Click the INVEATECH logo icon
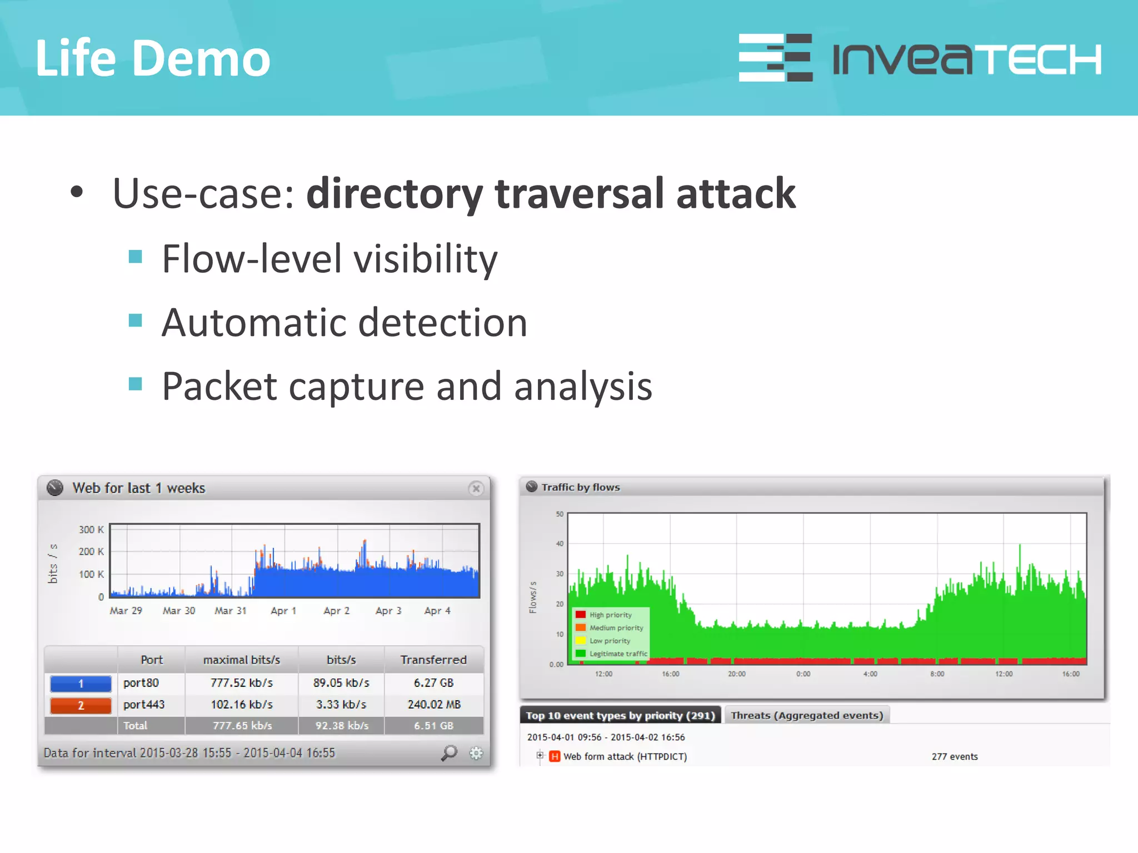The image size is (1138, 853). point(775,58)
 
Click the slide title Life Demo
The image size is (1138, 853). point(153,58)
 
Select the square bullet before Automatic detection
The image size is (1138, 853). point(135,320)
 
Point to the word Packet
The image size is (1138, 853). point(219,386)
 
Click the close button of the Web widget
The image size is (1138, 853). point(476,489)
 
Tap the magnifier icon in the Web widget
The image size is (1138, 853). point(449,753)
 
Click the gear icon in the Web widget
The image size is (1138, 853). point(476,753)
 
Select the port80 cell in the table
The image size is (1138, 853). point(141,683)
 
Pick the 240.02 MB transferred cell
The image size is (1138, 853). point(434,704)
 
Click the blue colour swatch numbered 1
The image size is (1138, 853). point(81,683)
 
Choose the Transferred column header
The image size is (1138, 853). point(433,660)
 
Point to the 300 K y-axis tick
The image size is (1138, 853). point(91,530)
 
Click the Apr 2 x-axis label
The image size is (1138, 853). point(336,611)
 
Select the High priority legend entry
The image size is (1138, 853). point(610,615)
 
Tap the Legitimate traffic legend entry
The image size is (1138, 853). point(617,654)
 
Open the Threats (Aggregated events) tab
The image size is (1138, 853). point(807,715)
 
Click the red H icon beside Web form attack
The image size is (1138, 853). point(555,756)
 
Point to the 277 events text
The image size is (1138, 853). point(955,756)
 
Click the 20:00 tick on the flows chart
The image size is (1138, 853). point(737,674)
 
